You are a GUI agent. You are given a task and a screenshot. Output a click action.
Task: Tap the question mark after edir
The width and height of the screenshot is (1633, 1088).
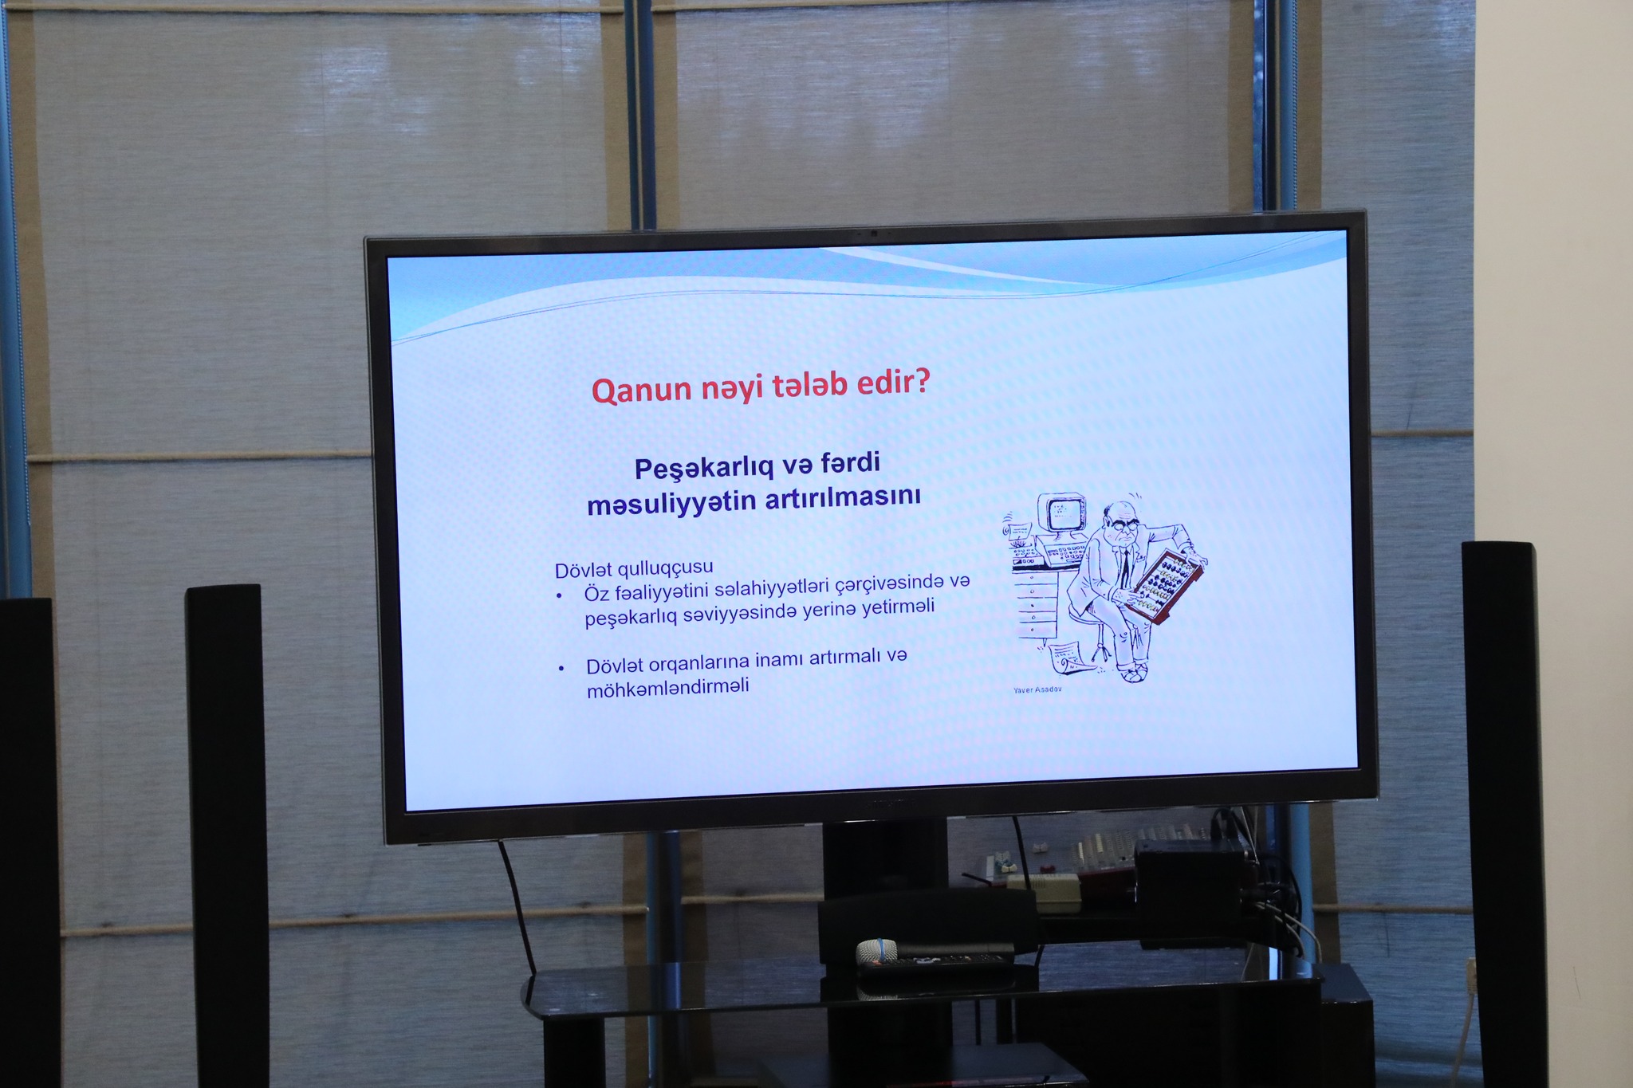[922, 382]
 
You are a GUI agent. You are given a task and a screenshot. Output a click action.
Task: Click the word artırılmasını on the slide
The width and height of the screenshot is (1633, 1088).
[843, 497]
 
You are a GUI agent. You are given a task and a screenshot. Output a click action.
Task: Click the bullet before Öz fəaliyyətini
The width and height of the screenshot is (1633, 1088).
[560, 595]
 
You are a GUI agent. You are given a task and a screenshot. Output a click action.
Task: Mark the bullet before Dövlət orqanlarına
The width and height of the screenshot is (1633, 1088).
[561, 668]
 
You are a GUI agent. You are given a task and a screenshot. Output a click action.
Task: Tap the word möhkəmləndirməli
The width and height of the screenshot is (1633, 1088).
[668, 688]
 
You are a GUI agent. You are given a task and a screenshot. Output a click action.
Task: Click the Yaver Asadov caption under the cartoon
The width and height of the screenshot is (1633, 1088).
[1037, 689]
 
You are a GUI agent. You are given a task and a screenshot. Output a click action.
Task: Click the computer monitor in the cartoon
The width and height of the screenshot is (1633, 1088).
[1062, 514]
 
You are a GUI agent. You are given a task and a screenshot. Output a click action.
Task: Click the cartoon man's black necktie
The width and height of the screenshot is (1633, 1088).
[1123, 567]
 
